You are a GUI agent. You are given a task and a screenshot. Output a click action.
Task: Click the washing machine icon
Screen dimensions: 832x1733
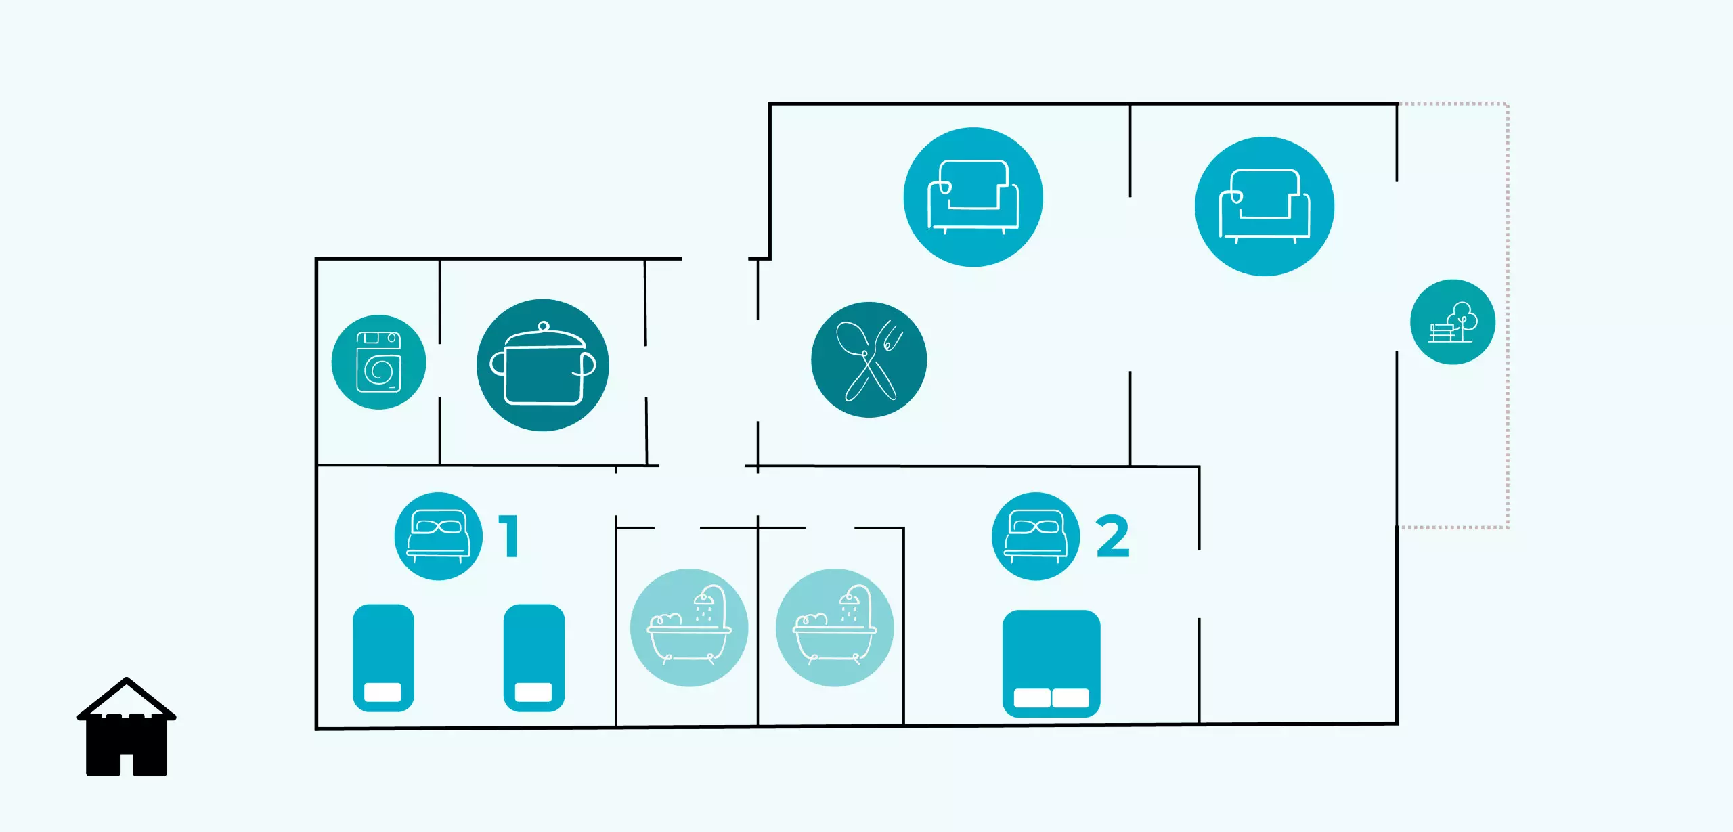pyautogui.click(x=378, y=362)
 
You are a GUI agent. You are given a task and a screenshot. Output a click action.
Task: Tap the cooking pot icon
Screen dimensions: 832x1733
pyautogui.click(x=543, y=365)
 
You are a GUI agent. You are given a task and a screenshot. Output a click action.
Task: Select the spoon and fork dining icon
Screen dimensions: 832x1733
pyautogui.click(x=869, y=359)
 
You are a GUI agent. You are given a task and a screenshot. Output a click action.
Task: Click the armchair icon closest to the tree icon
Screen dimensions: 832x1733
pyautogui.click(x=1264, y=206)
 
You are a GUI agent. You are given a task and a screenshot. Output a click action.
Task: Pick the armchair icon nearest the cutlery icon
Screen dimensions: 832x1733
pyautogui.click(x=973, y=197)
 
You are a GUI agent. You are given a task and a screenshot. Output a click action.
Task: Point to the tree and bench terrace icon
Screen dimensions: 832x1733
pyautogui.click(x=1452, y=322)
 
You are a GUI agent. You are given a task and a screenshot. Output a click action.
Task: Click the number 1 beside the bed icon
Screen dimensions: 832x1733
pyautogui.click(x=510, y=536)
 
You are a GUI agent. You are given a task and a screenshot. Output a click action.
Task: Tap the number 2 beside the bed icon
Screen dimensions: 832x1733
pyautogui.click(x=1112, y=536)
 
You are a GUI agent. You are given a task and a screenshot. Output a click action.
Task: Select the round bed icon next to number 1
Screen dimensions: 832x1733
pyautogui.click(x=438, y=536)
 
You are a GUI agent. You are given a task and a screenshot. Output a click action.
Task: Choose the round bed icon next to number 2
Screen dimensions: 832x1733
pyautogui.click(x=1035, y=536)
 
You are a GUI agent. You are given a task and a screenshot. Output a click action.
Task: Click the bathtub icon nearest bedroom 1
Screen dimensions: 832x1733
pyautogui.click(x=688, y=628)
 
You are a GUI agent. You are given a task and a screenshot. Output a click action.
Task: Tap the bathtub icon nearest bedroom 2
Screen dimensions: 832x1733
pyautogui.click(x=834, y=628)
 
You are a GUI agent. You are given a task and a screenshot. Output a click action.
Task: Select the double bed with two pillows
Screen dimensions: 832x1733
pyautogui.click(x=1051, y=663)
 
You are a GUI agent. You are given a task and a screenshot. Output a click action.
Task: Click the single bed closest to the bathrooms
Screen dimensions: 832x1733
pyautogui.click(x=533, y=657)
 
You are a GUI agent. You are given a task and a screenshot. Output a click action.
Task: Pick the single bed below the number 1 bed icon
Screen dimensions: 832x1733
pyautogui.click(x=383, y=657)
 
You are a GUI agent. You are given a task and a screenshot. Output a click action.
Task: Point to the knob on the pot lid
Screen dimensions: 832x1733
pyautogui.click(x=544, y=327)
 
